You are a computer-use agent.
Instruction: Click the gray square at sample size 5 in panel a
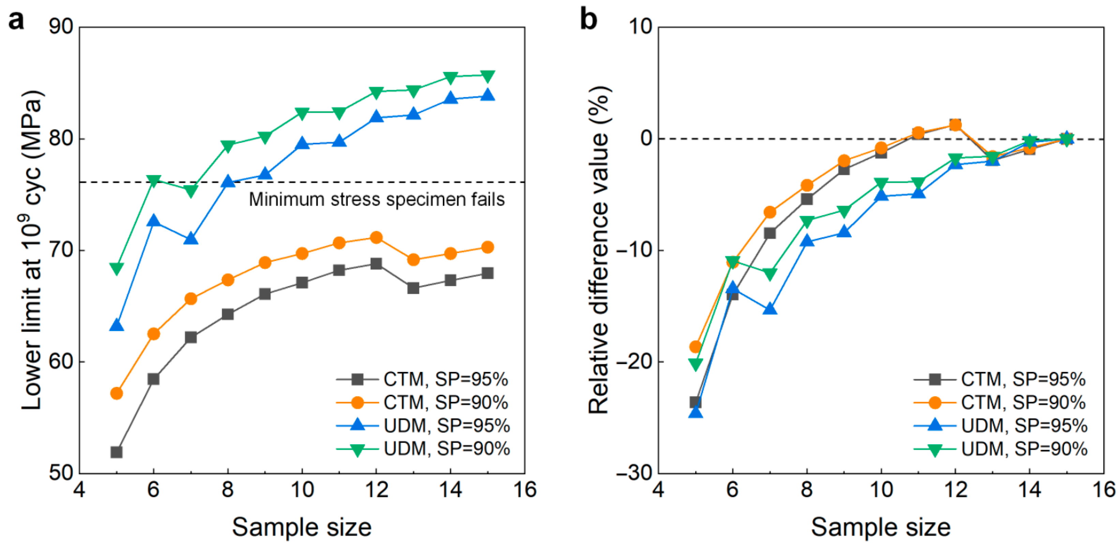coord(117,452)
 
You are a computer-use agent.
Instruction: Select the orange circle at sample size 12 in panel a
coord(376,237)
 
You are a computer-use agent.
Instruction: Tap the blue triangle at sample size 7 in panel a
coord(191,239)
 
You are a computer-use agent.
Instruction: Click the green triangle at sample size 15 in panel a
coord(488,76)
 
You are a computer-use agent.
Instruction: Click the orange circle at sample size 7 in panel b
coord(770,212)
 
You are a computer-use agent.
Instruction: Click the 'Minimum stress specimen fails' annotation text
coord(376,199)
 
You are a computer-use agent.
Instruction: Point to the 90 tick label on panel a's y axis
coord(61,27)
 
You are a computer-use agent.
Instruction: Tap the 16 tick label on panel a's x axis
coord(524,490)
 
